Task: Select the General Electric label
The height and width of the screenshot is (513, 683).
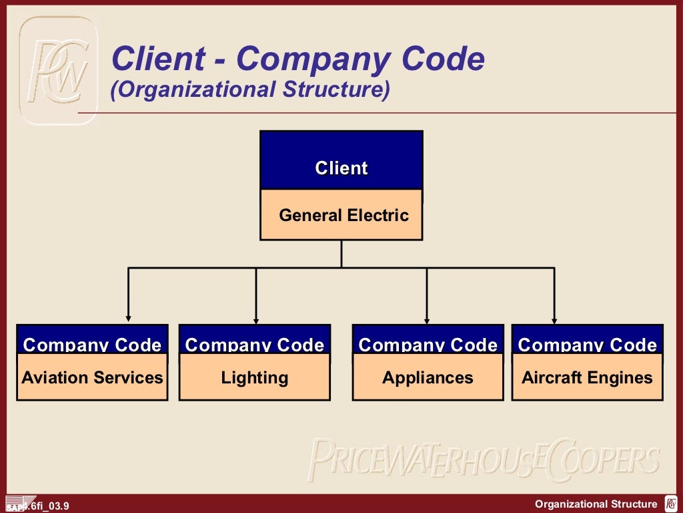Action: tap(344, 216)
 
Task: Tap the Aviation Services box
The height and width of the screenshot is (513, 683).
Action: tap(92, 378)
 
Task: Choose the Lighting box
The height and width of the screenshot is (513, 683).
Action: tap(255, 378)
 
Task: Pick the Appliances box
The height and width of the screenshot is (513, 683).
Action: tap(428, 378)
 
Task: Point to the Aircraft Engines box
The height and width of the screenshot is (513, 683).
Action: tap(587, 378)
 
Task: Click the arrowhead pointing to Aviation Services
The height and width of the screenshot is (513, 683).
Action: tap(129, 318)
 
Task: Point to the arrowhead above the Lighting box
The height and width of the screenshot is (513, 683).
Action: tap(256, 318)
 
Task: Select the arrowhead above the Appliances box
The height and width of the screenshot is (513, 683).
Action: tap(427, 318)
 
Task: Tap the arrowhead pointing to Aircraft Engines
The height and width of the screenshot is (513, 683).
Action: tap(554, 318)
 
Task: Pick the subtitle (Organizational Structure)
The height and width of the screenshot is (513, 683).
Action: tap(250, 90)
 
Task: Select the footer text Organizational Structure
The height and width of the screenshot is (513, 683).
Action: tap(596, 504)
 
